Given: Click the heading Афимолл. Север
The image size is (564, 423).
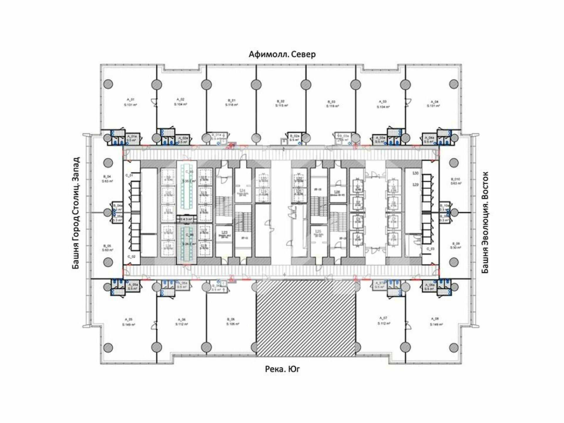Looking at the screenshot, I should tap(282, 54).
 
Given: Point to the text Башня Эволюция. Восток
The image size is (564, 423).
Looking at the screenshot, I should tap(485, 222).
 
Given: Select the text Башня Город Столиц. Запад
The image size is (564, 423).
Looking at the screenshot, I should tap(76, 213).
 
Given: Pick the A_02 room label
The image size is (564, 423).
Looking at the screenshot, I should tap(181, 99).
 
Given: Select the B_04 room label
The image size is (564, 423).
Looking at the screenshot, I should tap(107, 177).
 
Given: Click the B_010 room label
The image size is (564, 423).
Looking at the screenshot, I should tap(456, 179).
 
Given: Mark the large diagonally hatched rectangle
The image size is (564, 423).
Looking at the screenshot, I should tap(306, 318).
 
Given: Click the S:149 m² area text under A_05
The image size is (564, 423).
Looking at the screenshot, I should tap(129, 325).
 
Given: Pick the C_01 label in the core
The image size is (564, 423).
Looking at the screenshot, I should tap(129, 175).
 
